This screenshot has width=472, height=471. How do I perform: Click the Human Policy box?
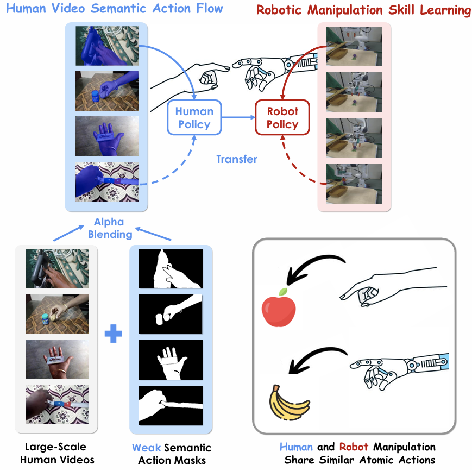click(194, 118)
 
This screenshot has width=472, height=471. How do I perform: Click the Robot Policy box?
click(282, 118)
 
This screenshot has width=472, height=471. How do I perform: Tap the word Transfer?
click(236, 159)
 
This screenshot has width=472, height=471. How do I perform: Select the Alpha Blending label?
click(109, 228)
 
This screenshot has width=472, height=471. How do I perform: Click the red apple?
click(279, 310)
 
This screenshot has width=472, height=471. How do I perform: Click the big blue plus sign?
click(113, 333)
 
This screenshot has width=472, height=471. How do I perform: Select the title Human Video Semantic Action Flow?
click(111, 9)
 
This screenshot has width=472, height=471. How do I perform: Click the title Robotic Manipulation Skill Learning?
click(363, 10)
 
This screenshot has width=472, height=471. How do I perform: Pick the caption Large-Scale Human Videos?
click(56, 454)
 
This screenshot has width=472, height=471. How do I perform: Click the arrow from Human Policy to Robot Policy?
click(237, 117)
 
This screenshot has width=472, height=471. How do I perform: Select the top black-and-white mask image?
click(171, 268)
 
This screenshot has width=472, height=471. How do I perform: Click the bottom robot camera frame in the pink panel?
click(354, 184)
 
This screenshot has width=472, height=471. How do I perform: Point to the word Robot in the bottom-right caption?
click(354, 447)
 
